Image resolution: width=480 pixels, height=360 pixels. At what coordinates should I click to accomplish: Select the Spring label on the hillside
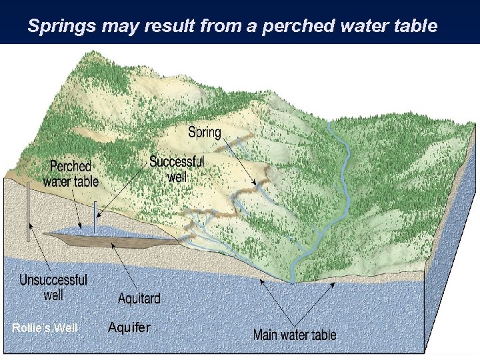pos(204,132)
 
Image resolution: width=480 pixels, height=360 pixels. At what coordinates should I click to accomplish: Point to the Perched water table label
pos(71,173)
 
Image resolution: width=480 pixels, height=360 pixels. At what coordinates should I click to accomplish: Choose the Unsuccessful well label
pos(53,287)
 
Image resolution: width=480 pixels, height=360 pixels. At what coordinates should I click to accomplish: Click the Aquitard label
pos(139,297)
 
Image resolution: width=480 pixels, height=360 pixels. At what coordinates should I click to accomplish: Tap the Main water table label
pos(295,334)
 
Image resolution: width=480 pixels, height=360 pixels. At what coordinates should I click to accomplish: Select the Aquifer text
pos(129,327)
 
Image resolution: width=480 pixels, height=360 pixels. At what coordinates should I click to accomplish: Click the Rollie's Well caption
pos(45,327)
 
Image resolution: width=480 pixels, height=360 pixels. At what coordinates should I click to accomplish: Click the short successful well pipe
pos(95,217)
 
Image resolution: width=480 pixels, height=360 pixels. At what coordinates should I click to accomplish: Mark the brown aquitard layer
pos(120,239)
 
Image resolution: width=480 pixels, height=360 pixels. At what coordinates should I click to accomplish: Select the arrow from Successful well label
pos(123,190)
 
